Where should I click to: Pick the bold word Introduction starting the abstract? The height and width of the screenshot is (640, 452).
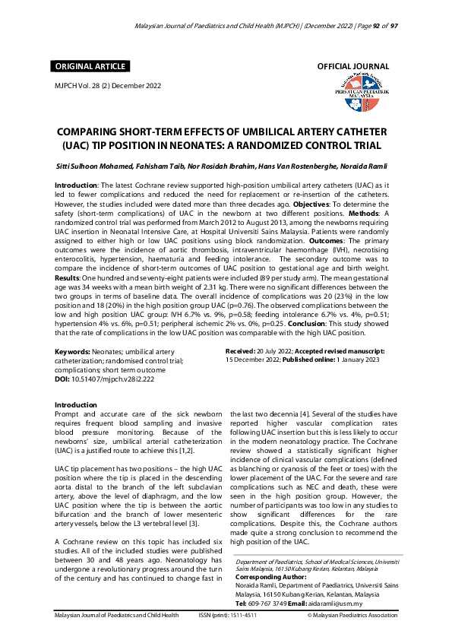(78, 185)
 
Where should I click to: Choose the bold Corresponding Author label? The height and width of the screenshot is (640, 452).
(274, 577)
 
